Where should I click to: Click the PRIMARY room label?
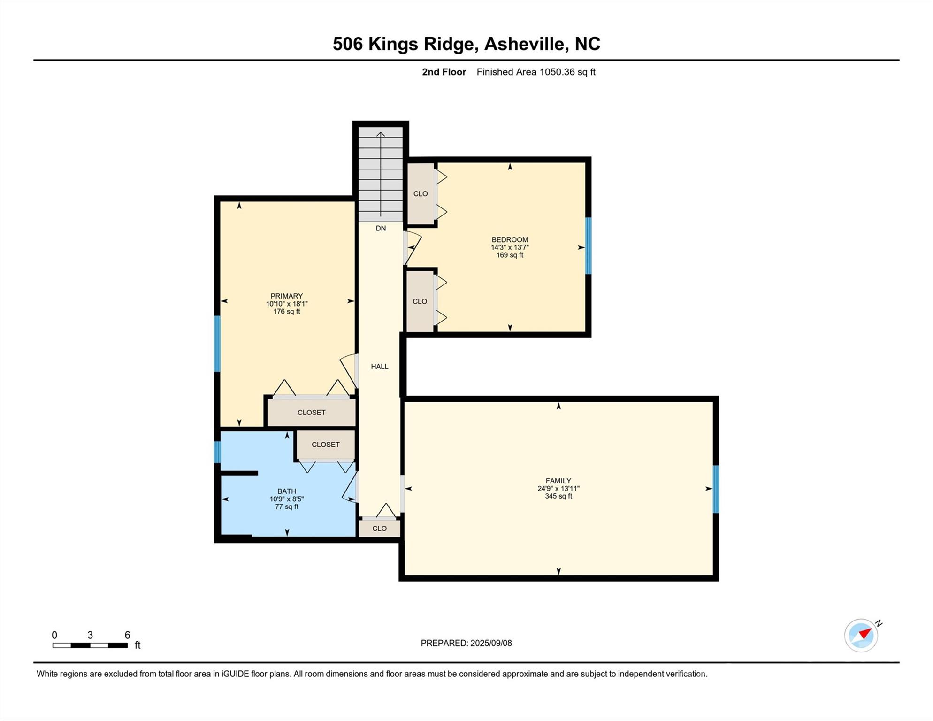286,296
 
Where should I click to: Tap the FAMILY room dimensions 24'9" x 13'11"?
558,488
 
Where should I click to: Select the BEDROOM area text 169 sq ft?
510,255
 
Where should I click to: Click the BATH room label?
286,491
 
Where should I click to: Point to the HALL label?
379,367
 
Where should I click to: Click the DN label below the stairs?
381,228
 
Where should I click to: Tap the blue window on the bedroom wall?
588,245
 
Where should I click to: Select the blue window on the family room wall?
716,489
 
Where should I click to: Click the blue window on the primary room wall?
217,344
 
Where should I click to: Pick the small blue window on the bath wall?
217,452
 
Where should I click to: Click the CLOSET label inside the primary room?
311,412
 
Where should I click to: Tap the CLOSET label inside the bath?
325,444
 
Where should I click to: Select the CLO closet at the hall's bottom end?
379,528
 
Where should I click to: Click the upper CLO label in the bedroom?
420,193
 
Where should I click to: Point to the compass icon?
861,635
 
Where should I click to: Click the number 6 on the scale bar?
127,635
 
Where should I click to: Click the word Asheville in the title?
524,44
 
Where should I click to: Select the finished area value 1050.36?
557,72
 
